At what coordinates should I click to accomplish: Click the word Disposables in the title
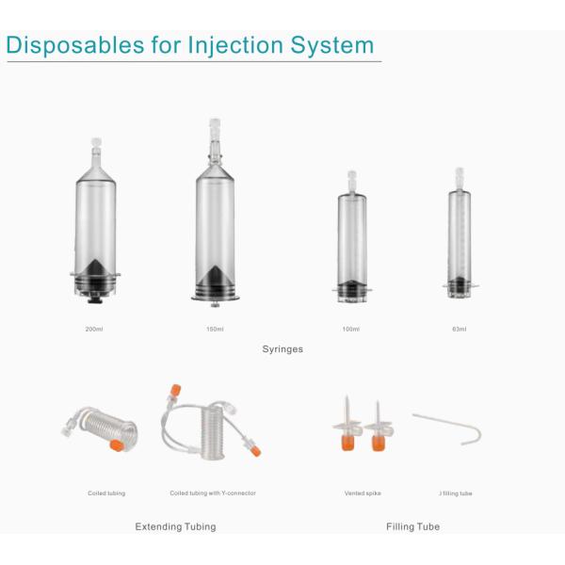click(x=75, y=46)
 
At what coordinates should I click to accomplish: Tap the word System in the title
click(x=332, y=46)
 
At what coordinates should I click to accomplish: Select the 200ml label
click(x=94, y=329)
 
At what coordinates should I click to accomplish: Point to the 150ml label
click(x=215, y=329)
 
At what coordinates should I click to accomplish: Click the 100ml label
click(x=351, y=329)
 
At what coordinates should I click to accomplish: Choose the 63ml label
click(x=460, y=329)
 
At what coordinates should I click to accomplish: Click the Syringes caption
click(x=282, y=349)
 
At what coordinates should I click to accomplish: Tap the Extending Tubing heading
click(x=175, y=526)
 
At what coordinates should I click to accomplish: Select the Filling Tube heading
click(x=413, y=526)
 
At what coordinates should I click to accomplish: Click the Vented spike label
click(x=363, y=492)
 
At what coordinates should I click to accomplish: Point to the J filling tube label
click(x=456, y=493)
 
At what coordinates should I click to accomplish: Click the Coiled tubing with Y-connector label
click(x=213, y=492)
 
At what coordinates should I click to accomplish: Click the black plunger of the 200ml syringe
click(x=95, y=276)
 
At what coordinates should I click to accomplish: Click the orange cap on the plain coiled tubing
click(x=117, y=445)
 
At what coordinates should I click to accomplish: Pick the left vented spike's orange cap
click(x=347, y=442)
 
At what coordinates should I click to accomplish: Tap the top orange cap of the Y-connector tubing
click(x=175, y=390)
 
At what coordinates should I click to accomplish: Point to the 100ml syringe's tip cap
click(x=352, y=177)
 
